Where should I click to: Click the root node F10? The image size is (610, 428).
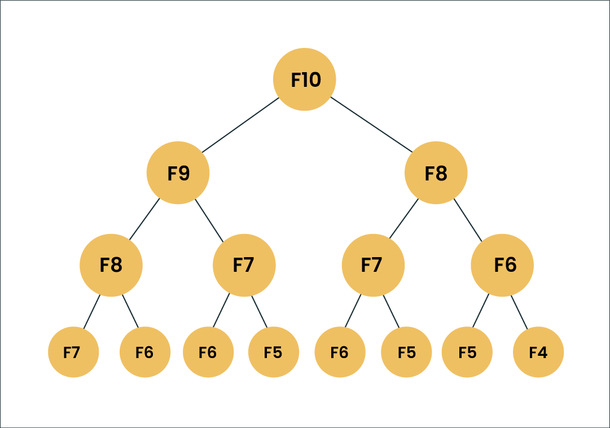[305, 80]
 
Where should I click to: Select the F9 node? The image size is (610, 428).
[178, 173]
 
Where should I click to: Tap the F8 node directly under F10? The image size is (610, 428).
[436, 173]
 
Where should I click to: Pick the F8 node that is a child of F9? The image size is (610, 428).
[111, 265]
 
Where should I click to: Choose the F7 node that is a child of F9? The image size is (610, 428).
[244, 265]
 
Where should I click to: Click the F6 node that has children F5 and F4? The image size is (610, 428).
[502, 265]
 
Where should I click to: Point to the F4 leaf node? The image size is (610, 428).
[538, 352]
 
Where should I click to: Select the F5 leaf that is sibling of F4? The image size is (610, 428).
[467, 352]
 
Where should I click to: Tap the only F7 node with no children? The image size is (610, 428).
[73, 352]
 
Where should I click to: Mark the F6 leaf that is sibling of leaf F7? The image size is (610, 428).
[145, 352]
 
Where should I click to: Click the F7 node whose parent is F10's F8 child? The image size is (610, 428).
[373, 265]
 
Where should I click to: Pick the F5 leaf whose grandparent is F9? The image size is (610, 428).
[274, 352]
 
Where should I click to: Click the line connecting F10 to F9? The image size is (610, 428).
[241, 125]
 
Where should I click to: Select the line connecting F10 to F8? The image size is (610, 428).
[371, 125]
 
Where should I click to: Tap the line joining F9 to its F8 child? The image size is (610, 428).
[145, 220]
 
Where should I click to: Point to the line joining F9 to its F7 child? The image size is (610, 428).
[210, 220]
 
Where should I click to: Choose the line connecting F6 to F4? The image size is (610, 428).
[520, 312]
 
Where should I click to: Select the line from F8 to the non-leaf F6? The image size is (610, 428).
[468, 220]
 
